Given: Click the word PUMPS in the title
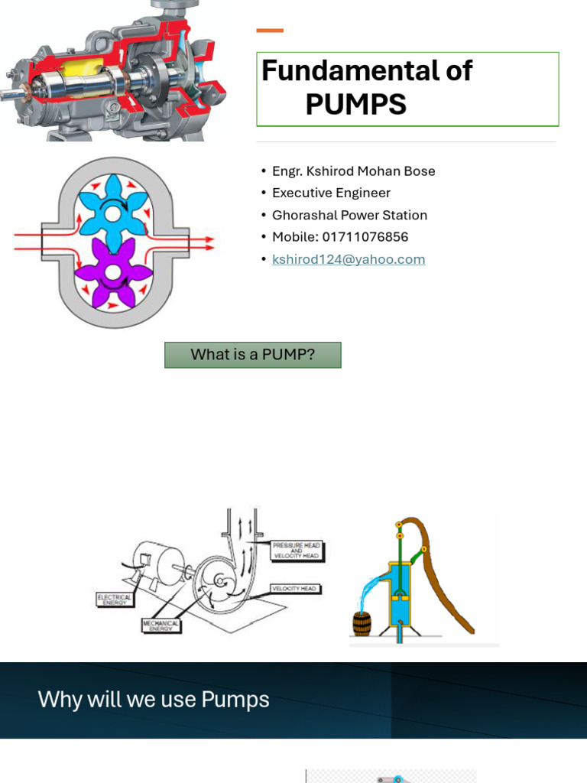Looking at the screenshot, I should (x=355, y=105).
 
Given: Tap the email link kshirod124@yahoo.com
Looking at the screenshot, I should (x=349, y=259).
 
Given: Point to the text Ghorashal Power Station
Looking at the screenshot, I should (x=349, y=215).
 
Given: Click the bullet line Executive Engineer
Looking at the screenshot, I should (x=331, y=193).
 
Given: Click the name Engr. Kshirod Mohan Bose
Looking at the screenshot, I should (x=353, y=171).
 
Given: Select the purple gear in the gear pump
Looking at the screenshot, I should (x=113, y=271).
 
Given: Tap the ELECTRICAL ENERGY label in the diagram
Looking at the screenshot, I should (x=114, y=599).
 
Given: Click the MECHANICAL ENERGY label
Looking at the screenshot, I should (x=161, y=625).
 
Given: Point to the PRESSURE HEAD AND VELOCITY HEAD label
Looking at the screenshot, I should (x=297, y=551).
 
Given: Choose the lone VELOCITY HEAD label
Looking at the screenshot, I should (x=296, y=589).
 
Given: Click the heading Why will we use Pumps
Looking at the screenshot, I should (x=154, y=700).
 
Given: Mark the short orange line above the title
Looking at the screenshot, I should (x=270, y=31).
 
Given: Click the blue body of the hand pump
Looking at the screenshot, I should (x=400, y=593).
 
